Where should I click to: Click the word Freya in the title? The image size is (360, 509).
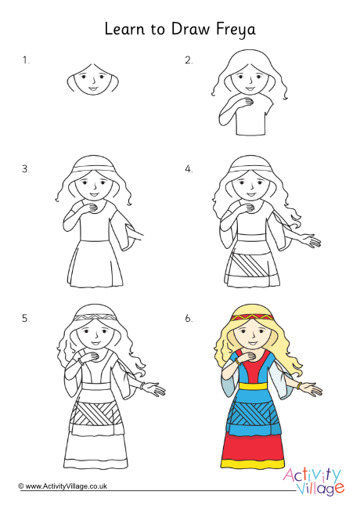tap(234, 30)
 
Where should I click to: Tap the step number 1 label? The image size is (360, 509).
tap(26, 60)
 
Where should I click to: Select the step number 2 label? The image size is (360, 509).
tap(189, 60)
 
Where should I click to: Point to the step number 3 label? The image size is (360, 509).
tap(26, 168)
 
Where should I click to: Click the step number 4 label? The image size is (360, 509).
tap(189, 168)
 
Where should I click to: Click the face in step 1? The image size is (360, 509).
tap(93, 79)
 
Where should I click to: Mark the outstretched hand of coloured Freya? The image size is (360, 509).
tap(311, 388)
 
